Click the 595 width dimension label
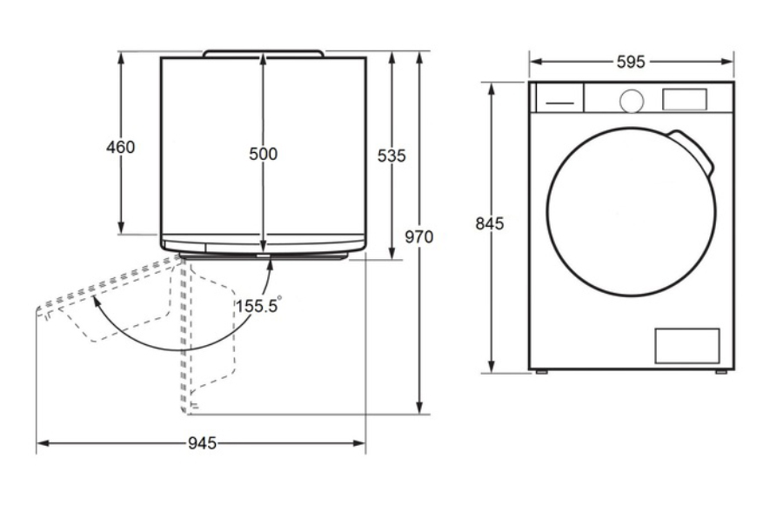631,62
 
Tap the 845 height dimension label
489,223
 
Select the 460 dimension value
120,147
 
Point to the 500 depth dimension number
263,154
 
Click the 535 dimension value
391,156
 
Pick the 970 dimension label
419,236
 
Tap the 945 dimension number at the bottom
202,443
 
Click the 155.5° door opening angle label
258,305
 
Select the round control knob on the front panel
632,102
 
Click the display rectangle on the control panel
684,99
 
